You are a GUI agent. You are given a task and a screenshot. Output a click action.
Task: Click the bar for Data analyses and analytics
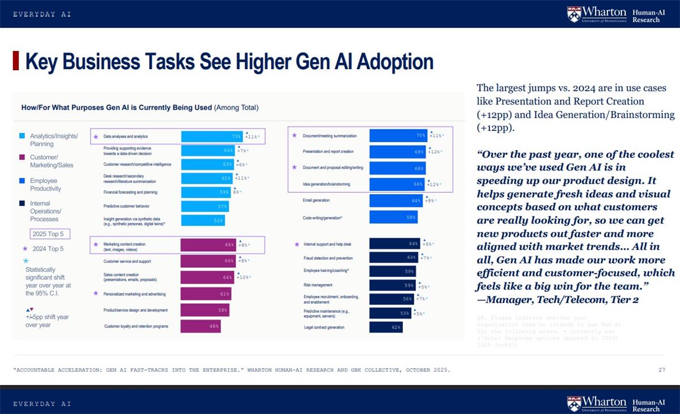click(212, 136)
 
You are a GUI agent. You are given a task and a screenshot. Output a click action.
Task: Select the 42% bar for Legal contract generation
click(386, 327)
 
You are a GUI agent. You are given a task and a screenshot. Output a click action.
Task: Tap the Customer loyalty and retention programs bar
click(201, 326)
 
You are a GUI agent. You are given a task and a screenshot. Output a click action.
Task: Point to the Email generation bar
click(396, 200)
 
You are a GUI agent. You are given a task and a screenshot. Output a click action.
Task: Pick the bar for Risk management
click(392, 285)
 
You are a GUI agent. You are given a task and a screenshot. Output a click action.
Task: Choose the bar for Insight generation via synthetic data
click(203, 220)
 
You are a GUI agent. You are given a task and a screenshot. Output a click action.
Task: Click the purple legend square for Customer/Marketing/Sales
click(22, 157)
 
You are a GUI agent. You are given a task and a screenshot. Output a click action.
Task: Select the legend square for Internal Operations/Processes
click(22, 203)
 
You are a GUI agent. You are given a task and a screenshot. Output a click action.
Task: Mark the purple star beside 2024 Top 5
click(24, 249)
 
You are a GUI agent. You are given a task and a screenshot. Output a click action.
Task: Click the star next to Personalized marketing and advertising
click(96, 293)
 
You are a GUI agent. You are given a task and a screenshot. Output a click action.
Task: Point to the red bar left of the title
click(16, 61)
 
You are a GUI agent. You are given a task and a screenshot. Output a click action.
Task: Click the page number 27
click(661, 370)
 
